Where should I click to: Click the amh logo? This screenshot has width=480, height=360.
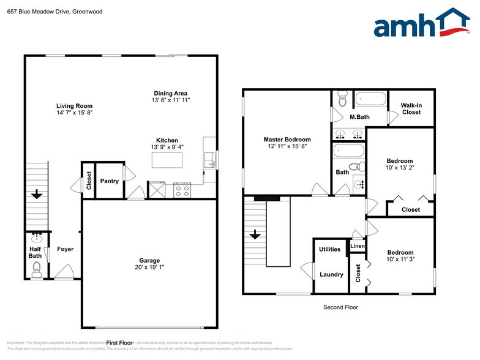[x=422, y=24]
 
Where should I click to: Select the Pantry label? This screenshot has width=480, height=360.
[x=109, y=181]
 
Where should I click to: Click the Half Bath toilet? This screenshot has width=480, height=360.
[x=36, y=267]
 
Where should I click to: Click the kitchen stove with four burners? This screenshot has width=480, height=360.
[x=182, y=190]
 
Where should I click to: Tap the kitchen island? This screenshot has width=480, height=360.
[x=167, y=160]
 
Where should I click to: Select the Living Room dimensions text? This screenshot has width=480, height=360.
[x=74, y=113]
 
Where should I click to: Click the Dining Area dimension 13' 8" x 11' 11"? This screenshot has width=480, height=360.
[x=171, y=100]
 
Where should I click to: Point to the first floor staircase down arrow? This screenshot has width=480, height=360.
[x=37, y=195]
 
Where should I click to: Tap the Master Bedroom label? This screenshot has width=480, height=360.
[x=287, y=140]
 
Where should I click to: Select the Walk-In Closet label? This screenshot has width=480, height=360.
[x=411, y=108]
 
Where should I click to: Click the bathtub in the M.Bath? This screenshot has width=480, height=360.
[x=370, y=99]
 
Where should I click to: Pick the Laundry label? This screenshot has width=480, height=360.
[x=331, y=274]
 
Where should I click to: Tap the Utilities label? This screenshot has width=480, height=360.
[x=330, y=249]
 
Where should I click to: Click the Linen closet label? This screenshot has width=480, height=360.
[x=357, y=246]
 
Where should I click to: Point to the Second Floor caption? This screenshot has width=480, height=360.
[x=340, y=307]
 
